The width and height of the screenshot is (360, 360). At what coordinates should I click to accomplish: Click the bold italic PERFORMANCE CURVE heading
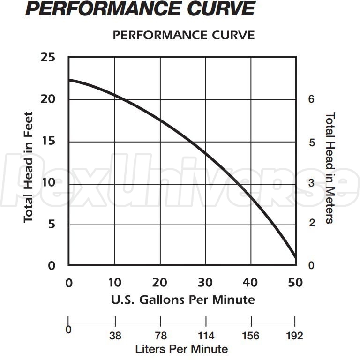pos(141,9)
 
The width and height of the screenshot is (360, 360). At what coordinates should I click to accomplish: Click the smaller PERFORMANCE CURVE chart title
pos(184,35)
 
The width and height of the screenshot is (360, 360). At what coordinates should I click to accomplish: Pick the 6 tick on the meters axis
pos(311,99)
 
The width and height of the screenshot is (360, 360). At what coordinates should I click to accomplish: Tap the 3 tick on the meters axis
pos(311,183)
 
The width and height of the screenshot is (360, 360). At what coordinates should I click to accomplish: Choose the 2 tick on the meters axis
pos(311,223)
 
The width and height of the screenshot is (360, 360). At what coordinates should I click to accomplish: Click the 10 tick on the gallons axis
pos(115,282)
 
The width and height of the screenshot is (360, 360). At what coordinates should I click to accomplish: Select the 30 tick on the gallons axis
pos(205,282)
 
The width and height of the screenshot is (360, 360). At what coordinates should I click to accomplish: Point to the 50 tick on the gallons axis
pos(296,282)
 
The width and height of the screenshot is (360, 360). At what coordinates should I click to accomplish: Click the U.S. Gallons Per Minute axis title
pos(183,299)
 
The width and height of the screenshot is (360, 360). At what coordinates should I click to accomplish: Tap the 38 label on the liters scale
pos(115,336)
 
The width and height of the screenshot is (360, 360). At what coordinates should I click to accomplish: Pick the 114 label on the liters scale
pos(206,336)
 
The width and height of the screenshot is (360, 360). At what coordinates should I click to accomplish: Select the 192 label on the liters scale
pos(294,336)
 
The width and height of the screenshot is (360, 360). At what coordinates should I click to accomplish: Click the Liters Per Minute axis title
pos(181,349)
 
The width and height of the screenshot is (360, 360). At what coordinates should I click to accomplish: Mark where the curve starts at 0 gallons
pos(69,80)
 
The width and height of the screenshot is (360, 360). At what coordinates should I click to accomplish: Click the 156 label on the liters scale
pos(251,336)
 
